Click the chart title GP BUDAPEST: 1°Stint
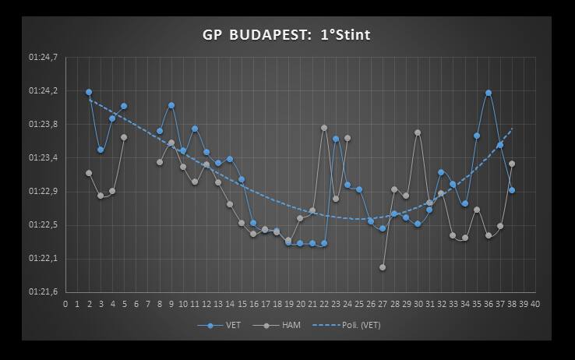[x=286, y=35]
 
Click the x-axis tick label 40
[x=535, y=303]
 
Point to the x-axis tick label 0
[x=65, y=303]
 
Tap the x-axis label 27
[x=383, y=303]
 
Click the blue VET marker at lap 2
[x=89, y=92]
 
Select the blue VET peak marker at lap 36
[x=489, y=93]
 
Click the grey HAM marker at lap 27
[x=383, y=267]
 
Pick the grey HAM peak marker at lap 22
[x=324, y=128]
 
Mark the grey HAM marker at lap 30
[x=418, y=132]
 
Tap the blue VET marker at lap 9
[x=171, y=105]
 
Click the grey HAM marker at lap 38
[x=512, y=164]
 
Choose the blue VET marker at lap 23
[x=336, y=139]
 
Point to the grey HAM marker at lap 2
[x=89, y=173]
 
